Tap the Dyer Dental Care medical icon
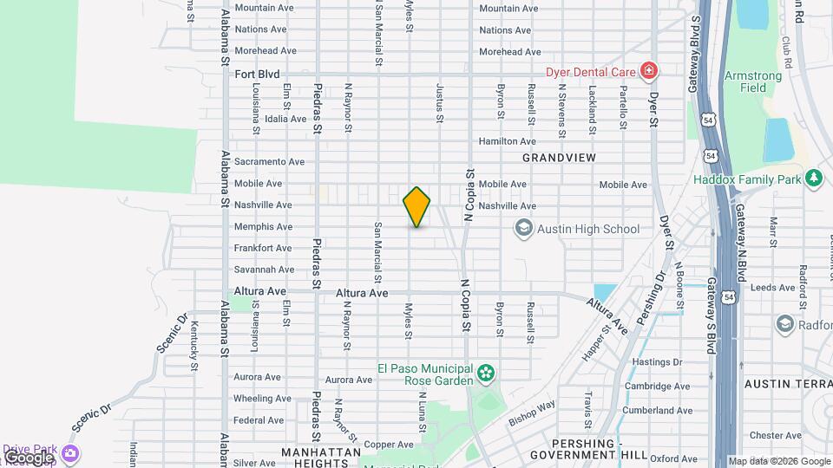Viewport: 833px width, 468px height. click(647, 71)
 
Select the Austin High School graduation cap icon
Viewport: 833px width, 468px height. click(523, 229)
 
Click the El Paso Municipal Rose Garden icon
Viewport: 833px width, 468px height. click(486, 374)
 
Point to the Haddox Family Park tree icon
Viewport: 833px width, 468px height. click(813, 179)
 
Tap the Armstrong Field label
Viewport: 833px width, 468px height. click(752, 81)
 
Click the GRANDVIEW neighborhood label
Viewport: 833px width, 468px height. click(560, 158)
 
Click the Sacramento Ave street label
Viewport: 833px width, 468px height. click(269, 161)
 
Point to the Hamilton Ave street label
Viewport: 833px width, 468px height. click(508, 140)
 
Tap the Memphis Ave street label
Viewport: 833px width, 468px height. click(263, 226)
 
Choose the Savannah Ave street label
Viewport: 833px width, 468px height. click(264, 270)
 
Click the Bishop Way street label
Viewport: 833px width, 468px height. click(532, 409)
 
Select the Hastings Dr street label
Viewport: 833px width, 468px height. click(659, 362)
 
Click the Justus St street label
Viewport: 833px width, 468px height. click(440, 101)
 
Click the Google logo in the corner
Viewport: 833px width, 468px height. click(28, 457)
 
